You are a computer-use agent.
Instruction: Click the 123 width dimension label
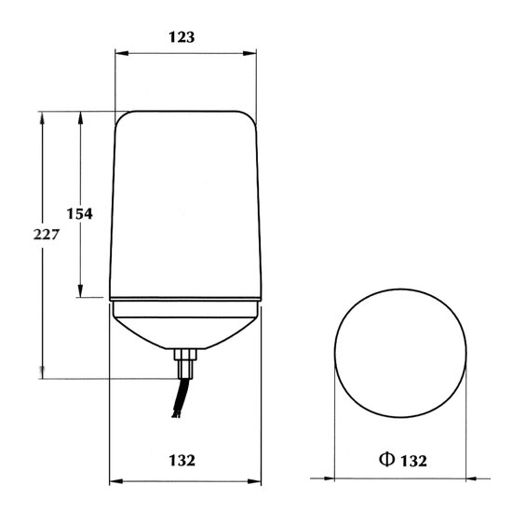point(182,37)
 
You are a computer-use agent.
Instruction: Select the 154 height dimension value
point(80,213)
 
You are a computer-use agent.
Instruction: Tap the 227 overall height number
point(46,235)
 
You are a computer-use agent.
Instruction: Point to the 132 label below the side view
point(182,461)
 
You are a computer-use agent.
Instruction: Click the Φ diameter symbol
point(386,460)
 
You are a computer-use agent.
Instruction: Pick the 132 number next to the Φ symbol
point(413,461)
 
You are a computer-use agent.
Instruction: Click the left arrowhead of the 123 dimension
point(122,53)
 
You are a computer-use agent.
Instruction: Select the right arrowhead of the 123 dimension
point(249,53)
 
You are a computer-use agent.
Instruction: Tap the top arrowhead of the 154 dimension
point(80,118)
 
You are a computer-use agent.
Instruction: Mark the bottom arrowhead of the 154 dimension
point(80,290)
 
